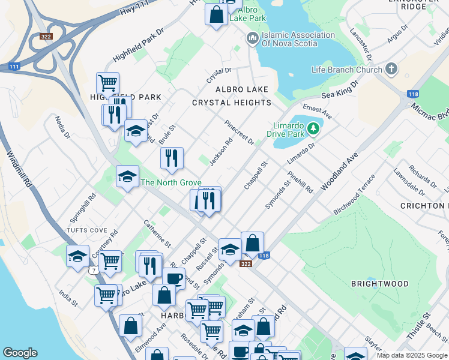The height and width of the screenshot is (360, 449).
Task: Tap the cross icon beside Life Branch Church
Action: pos(391,69)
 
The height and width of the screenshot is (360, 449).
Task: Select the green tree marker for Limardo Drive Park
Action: pos(312,128)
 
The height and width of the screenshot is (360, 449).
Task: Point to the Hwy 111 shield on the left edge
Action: pos(14,67)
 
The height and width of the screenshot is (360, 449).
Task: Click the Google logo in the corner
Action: pos(20,353)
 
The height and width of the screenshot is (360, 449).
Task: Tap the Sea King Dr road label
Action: pos(339,91)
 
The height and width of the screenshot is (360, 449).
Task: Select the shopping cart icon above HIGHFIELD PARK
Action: pos(107,82)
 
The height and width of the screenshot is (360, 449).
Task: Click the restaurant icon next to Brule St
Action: pos(172,158)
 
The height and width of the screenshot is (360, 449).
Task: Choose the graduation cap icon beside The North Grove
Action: pos(127,176)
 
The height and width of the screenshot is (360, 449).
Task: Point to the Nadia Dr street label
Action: pos(62,127)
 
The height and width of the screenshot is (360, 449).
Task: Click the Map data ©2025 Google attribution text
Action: pos(412,355)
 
